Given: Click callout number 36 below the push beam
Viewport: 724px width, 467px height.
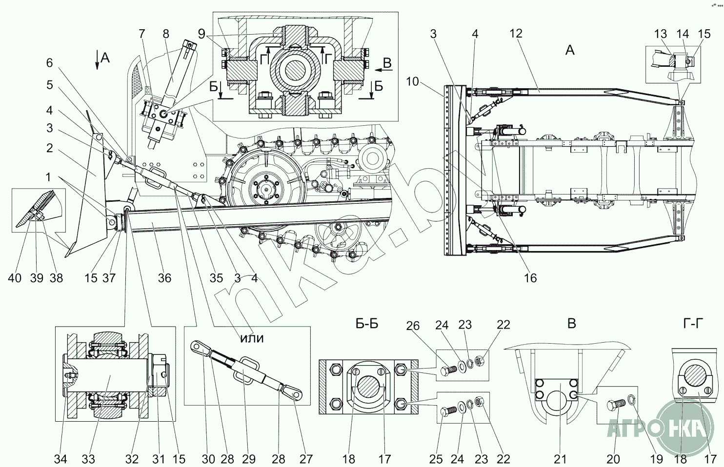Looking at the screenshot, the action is [164, 278].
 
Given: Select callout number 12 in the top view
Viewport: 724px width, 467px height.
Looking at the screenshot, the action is [516, 33].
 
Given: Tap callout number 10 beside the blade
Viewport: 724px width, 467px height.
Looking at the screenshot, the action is [412, 82].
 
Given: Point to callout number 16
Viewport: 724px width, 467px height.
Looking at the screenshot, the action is [530, 278].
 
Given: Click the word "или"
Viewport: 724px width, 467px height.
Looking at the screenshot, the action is [252, 338].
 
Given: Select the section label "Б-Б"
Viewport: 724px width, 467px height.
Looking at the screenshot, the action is [367, 324].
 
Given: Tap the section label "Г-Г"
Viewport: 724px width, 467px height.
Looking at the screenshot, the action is [693, 323].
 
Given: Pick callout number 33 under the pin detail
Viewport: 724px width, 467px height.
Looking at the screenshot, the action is [88, 459].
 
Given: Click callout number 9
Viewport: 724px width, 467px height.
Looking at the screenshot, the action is [201, 34].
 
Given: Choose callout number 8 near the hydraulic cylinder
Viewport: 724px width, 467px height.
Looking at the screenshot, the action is [166, 34].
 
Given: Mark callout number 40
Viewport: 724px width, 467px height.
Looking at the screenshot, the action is [15, 278].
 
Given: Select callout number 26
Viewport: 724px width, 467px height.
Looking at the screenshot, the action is [413, 326].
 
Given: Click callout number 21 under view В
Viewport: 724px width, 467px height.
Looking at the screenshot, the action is [560, 459].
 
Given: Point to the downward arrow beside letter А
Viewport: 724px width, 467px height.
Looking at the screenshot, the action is [97, 60].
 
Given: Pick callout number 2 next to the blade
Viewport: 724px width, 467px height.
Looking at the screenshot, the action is [49, 148].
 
